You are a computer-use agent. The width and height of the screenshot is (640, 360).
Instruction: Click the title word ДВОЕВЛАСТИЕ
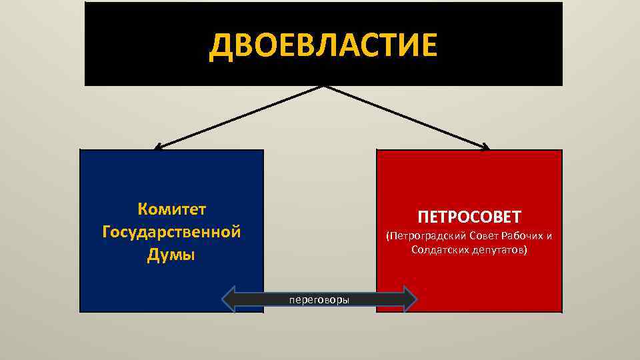click(x=323, y=45)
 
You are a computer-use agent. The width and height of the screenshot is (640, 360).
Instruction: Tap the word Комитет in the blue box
click(x=171, y=209)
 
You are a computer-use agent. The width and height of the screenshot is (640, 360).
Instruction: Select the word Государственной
click(x=171, y=233)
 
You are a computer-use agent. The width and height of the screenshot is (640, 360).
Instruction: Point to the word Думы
click(x=171, y=256)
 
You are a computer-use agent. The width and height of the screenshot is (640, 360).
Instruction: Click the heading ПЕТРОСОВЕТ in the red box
click(x=469, y=217)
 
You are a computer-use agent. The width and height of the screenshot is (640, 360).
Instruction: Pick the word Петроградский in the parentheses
click(x=425, y=236)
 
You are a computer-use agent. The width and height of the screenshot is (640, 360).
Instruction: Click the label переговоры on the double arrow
click(x=319, y=299)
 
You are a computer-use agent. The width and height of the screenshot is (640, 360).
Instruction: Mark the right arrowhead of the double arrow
click(x=409, y=299)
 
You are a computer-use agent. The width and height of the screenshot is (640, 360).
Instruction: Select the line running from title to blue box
click(x=240, y=117)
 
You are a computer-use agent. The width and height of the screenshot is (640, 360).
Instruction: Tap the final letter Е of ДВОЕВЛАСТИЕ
click(x=428, y=45)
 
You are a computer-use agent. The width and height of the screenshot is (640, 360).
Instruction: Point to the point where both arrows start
click(x=323, y=86)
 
